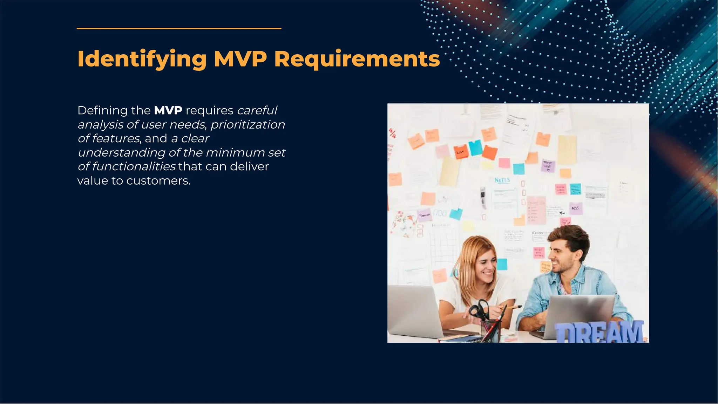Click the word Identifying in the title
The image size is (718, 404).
pyautogui.click(x=142, y=59)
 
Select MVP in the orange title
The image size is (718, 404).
pyautogui.click(x=240, y=59)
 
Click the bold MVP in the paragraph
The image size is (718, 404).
pyautogui.click(x=168, y=110)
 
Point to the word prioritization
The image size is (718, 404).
pyautogui.click(x=248, y=124)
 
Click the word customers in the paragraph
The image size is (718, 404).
pyautogui.click(x=158, y=181)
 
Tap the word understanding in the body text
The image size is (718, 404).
pyautogui.click(x=121, y=153)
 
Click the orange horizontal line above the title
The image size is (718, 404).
pyautogui.click(x=179, y=28)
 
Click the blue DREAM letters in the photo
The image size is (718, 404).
pyautogui.click(x=599, y=332)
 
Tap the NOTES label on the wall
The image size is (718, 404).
pyautogui.click(x=502, y=180)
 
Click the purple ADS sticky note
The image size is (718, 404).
pyautogui.click(x=575, y=208)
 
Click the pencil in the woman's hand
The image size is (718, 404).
pyautogui.click(x=513, y=307)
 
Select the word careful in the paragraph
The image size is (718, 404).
pyautogui.click(x=257, y=110)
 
